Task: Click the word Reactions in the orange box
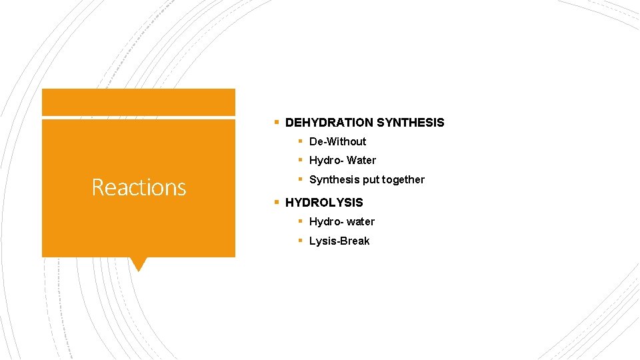pos(139,187)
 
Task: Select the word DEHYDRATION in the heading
pos(329,123)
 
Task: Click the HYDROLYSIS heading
pos(324,202)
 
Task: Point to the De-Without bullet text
pos(337,141)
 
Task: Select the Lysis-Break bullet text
pos(339,241)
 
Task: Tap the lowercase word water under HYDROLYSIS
pos(361,221)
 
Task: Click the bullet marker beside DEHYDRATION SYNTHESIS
pos(276,122)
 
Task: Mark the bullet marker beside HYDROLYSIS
pos(276,201)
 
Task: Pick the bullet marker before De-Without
pos(301,141)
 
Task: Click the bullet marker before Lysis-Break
pos(301,240)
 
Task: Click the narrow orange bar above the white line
pos(138,102)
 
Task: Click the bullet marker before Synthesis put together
pos(301,179)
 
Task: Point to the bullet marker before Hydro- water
pos(301,221)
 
